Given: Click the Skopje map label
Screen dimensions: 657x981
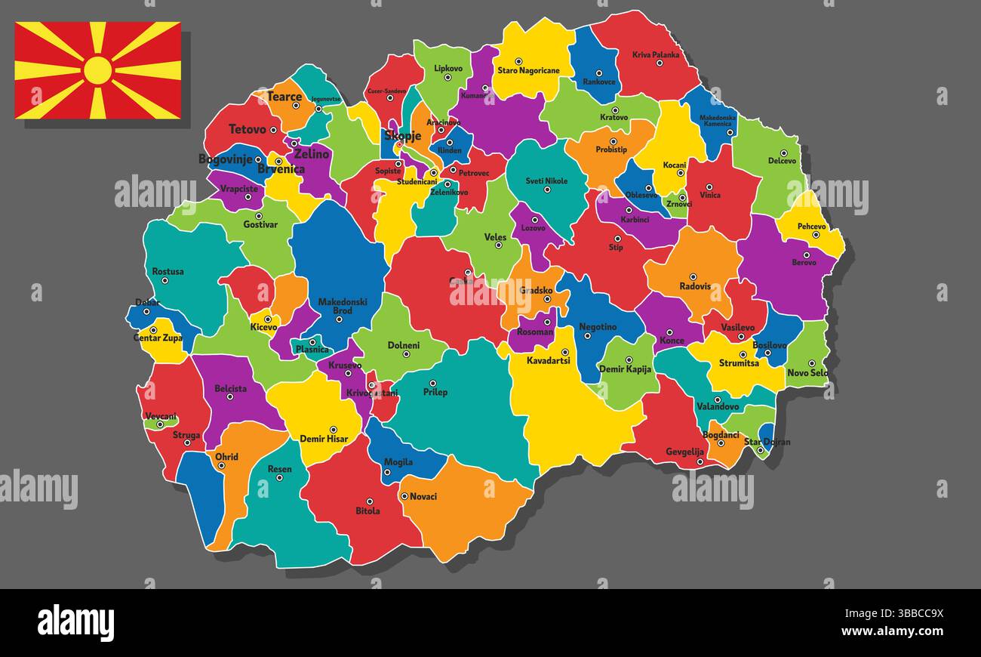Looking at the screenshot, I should pyautogui.click(x=402, y=136).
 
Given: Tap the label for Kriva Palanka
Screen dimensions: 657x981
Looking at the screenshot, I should pyautogui.click(x=655, y=54).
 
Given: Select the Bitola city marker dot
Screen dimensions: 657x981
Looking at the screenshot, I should pyautogui.click(x=369, y=501).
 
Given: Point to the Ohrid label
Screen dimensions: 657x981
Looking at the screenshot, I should pyautogui.click(x=226, y=457).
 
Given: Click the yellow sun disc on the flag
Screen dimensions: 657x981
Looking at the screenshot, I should pyautogui.click(x=98, y=70).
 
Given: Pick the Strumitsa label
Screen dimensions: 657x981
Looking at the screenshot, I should pyautogui.click(x=739, y=363).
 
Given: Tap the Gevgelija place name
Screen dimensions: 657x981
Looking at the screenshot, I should pyautogui.click(x=684, y=452).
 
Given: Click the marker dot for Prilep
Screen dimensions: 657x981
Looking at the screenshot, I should pyautogui.click(x=433, y=383).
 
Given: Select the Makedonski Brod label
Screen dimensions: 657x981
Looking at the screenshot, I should pyautogui.click(x=343, y=306).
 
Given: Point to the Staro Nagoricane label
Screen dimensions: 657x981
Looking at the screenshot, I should pyautogui.click(x=528, y=71).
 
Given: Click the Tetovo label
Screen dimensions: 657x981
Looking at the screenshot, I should pyautogui.click(x=248, y=129).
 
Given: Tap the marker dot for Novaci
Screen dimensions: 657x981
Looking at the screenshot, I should pyautogui.click(x=404, y=496).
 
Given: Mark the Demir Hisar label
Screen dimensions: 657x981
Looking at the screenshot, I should pyautogui.click(x=323, y=439).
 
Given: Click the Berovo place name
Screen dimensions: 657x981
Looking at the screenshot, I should pyautogui.click(x=804, y=263).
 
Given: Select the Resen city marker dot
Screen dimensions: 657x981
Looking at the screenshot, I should pyautogui.click(x=279, y=477).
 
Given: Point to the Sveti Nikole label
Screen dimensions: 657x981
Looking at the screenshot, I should pyautogui.click(x=546, y=181).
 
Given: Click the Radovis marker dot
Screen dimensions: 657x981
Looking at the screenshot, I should pyautogui.click(x=693, y=276).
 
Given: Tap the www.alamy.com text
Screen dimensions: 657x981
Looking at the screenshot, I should pyautogui.click(x=892, y=631).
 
